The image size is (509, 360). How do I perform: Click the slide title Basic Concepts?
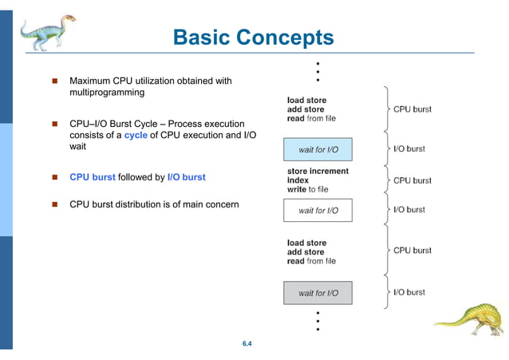[253, 38]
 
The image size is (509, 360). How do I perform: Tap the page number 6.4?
[247, 344]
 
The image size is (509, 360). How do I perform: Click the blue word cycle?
[136, 135]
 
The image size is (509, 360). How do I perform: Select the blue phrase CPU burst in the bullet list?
[93, 177]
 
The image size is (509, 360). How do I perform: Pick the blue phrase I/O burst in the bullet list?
[187, 177]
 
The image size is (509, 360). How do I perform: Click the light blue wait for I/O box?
[318, 149]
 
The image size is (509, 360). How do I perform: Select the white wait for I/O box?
[318, 211]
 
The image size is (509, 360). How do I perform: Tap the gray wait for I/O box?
[318, 293]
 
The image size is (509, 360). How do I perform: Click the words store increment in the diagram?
[318, 171]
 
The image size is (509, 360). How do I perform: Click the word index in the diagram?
[298, 180]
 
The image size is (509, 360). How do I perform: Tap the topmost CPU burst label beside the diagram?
[412, 109]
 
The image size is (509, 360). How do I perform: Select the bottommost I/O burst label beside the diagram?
[408, 292]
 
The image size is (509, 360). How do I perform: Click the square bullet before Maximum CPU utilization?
[55, 81]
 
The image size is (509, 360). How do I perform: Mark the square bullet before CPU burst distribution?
[55, 204]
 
